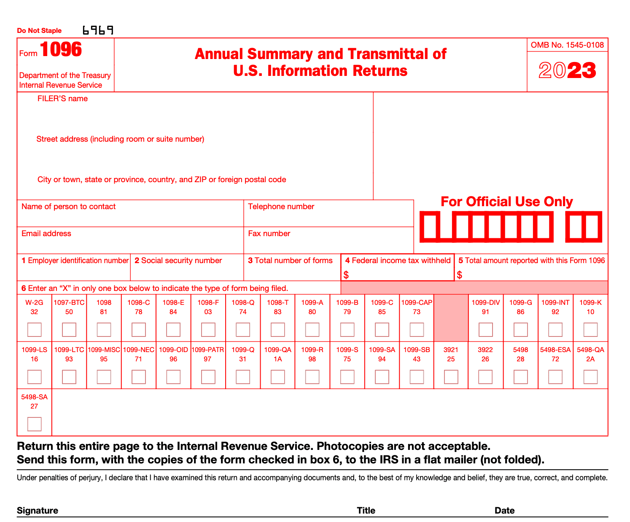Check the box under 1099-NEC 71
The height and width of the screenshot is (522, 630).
139,377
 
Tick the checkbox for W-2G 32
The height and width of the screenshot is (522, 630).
35,330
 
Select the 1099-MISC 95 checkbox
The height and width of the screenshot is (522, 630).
104,377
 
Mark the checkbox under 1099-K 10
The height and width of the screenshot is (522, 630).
590,330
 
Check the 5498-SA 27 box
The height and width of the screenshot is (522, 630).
35,424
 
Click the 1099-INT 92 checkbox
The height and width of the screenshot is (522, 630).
555,330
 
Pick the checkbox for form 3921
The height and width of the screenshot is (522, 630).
451,377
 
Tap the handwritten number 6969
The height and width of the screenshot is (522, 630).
98,30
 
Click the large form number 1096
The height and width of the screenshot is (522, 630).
61,50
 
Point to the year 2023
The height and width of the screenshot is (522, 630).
568,70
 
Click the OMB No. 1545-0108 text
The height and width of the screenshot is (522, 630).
568,45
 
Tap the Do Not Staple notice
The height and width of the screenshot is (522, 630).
39,31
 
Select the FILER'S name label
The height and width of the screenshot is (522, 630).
62,99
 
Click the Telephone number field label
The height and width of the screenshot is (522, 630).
281,207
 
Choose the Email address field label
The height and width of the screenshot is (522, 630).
46,234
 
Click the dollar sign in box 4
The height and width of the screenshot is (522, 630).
346,275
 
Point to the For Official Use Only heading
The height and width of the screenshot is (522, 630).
506,202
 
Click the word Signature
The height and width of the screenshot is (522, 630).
38,511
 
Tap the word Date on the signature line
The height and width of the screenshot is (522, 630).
505,511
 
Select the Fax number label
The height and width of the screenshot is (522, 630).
269,234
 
